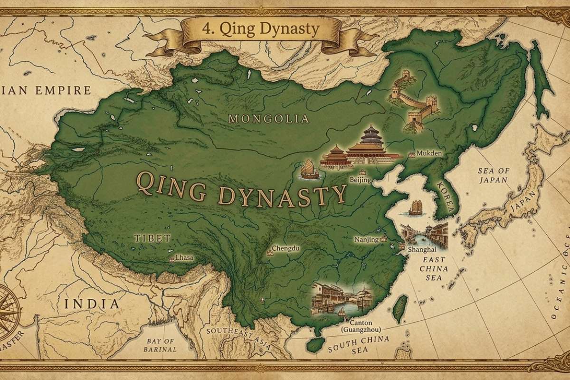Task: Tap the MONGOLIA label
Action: [268, 119]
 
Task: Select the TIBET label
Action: [152, 238]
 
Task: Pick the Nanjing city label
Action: [367, 240]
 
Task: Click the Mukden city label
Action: [429, 154]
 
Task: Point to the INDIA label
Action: [92, 304]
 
